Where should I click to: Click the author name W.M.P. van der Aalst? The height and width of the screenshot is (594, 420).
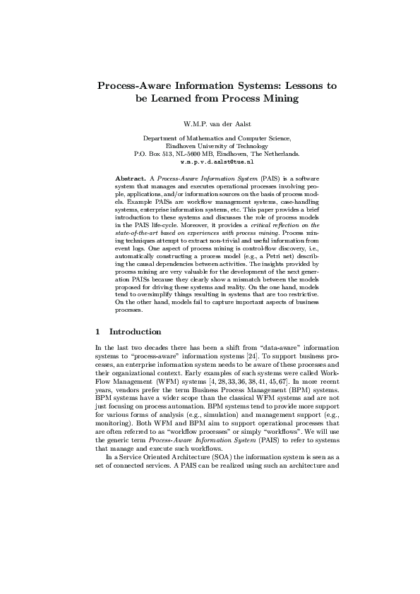tap(210, 123)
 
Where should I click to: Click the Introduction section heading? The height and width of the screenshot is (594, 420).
tap(136, 332)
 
